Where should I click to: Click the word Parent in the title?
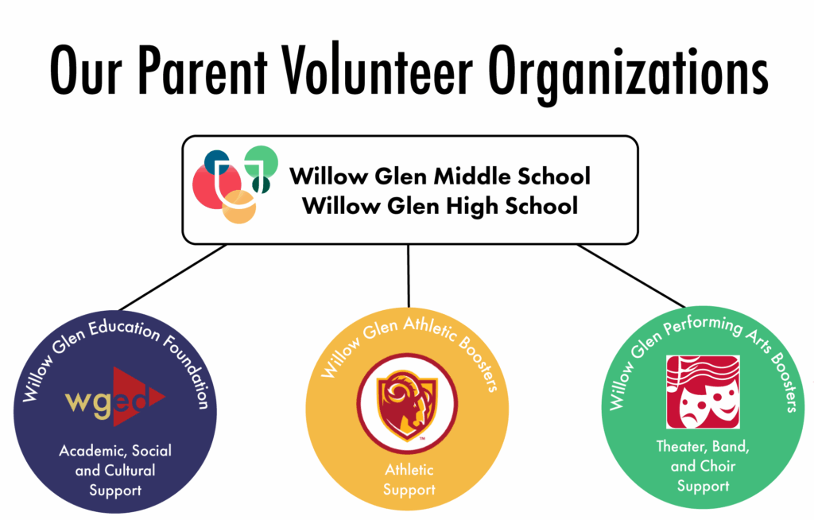pos(203,70)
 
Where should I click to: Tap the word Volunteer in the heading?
pos(378,70)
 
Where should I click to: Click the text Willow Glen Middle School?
pos(440,176)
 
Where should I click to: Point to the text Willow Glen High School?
pos(440,206)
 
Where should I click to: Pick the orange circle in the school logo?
pos(239,207)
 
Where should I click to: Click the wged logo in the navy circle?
pos(115,398)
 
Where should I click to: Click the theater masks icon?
pos(703,392)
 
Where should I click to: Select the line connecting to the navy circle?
pos(172,277)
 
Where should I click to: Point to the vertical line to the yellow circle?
pos(409,276)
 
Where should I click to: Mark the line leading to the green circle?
pos(631,276)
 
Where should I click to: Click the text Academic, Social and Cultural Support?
pos(115,470)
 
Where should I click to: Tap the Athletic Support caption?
pos(409,479)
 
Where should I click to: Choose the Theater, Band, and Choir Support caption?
pos(703,466)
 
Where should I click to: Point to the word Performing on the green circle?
pos(703,325)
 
